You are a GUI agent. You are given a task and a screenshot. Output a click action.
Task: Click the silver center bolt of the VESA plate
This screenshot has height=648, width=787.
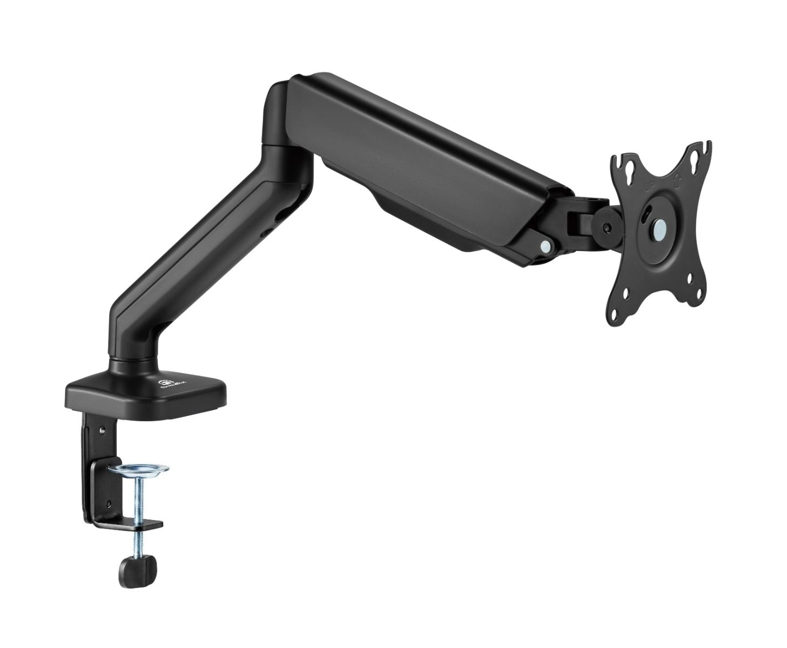658,227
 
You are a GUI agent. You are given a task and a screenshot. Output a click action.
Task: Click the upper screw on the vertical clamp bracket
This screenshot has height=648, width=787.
101,430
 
